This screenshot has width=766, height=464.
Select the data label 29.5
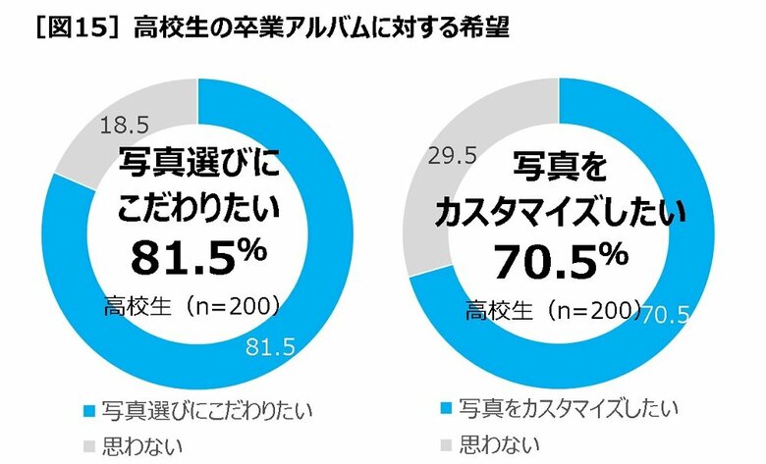click(449, 154)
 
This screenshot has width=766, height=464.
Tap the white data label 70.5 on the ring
click(670, 313)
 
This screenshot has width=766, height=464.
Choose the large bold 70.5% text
click(560, 261)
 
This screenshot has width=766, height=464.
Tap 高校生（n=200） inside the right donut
click(554, 313)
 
